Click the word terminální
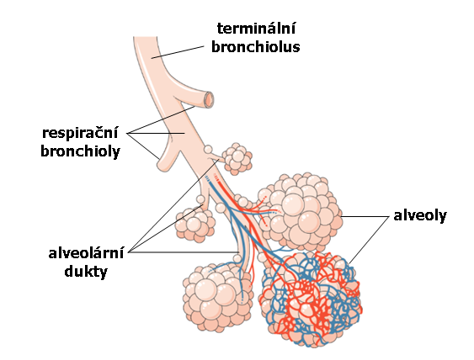pos(256,29)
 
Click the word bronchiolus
pos(256,47)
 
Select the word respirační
pos(80,133)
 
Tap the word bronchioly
pos(81,151)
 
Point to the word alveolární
pos(86,253)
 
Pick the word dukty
pos(86,271)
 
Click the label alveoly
pos(420,216)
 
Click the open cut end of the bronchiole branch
pos(209,99)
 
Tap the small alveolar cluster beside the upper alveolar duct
pos(237,159)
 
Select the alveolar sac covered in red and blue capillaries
pos(312,299)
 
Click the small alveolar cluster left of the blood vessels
pos(195,224)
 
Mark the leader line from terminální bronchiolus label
pos(178,52)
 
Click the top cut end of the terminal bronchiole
pos(145,38)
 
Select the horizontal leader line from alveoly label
pos(365,216)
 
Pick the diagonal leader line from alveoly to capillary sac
pos(369,240)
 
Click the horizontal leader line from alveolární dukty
pos(184,251)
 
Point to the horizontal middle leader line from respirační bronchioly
pos(157,133)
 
